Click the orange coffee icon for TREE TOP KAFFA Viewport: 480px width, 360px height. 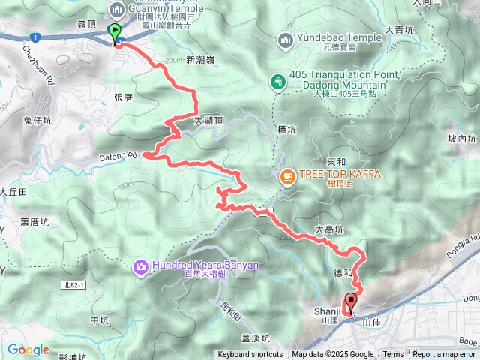tap(286, 176)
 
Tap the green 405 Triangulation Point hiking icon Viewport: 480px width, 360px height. tap(277, 80)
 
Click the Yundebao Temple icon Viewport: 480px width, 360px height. tap(286, 39)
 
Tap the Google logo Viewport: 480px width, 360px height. tap(28, 349)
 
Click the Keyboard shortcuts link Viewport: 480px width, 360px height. tap(250, 355)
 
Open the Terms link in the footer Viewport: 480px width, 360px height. tap(393, 355)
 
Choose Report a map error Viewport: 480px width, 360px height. tap(445, 355)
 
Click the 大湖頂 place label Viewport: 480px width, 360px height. tap(208, 120)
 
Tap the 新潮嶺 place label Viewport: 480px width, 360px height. tap(200, 60)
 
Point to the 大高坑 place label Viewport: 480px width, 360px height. tap(328, 230)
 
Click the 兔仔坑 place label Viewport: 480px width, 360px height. tap(37, 121)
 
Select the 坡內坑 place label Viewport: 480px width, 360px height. tap(462, 139)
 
